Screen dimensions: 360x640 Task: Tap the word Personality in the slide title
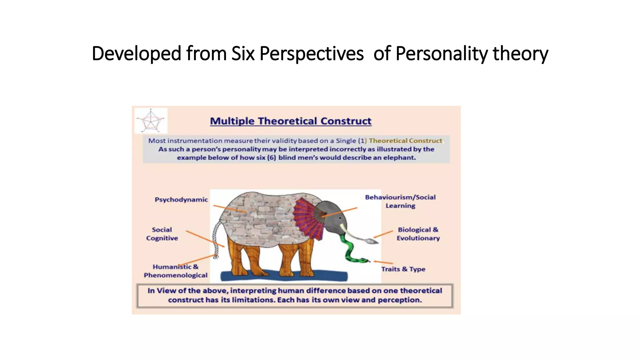(441, 53)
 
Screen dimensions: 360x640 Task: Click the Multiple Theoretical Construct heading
(291, 121)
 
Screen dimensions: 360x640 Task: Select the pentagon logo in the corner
(151, 121)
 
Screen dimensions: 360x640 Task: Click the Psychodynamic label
(181, 200)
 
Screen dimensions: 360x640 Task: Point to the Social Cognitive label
(162, 234)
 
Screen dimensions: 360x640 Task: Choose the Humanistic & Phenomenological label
(175, 271)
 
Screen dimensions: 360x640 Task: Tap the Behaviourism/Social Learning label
(400, 201)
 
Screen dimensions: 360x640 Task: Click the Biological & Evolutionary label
(418, 234)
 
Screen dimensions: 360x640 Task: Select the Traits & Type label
(403, 269)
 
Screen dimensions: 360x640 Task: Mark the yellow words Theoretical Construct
(405, 141)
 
